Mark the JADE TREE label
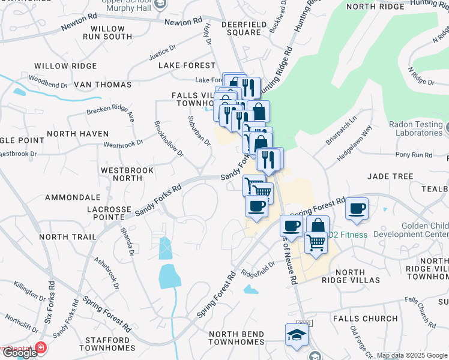point(391,176)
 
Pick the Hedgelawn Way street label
point(354,143)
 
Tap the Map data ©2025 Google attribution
point(412,355)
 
